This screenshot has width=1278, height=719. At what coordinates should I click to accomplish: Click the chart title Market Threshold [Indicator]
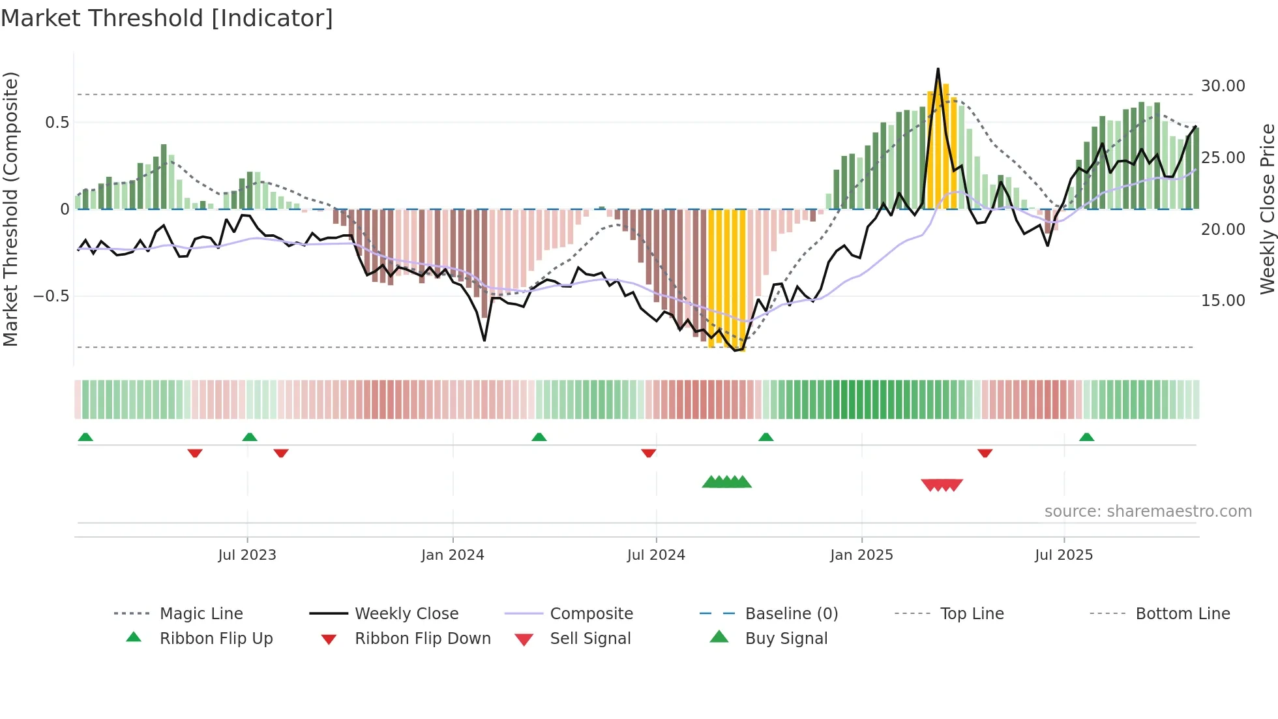click(167, 18)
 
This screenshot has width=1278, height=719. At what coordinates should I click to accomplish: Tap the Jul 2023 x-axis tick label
click(247, 555)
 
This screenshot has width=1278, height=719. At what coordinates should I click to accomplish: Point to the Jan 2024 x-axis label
click(453, 555)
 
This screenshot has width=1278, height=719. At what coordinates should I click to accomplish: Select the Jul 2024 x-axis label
click(656, 555)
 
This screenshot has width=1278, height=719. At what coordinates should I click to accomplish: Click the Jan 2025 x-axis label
click(861, 555)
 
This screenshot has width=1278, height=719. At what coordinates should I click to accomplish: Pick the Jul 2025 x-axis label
click(1063, 555)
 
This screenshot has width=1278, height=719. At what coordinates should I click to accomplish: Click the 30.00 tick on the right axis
click(1223, 86)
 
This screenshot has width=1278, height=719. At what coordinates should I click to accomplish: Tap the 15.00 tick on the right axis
click(1223, 301)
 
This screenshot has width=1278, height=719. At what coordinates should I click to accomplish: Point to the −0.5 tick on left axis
click(52, 296)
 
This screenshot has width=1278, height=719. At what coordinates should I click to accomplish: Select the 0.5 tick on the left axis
click(57, 123)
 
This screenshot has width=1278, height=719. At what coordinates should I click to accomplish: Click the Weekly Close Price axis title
click(1267, 209)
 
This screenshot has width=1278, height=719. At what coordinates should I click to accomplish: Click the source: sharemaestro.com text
click(1148, 512)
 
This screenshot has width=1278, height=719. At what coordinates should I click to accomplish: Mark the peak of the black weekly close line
click(938, 69)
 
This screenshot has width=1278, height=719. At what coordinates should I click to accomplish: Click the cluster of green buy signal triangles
click(726, 483)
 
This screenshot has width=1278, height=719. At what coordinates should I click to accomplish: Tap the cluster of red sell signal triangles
click(942, 485)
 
